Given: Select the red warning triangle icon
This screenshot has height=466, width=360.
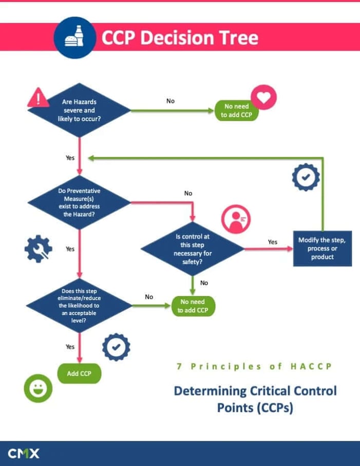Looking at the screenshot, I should tap(37, 97).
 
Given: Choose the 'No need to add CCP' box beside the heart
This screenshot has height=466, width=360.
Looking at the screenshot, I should tap(236, 110).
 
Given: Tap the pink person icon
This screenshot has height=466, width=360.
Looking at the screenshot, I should tap(235, 219).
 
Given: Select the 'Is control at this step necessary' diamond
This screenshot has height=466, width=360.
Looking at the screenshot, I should tap(193, 249).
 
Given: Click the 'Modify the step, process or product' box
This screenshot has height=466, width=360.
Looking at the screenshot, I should tap(322, 249).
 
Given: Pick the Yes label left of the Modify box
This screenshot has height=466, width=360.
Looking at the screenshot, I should tap(273, 241).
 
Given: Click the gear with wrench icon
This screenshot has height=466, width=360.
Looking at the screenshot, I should tap(38, 250).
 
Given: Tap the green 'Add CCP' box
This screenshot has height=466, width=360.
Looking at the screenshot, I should tap(79, 374).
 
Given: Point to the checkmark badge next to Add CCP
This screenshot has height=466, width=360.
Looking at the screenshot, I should tap(116, 347).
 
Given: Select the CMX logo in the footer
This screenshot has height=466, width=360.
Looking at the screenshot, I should tap(24, 453).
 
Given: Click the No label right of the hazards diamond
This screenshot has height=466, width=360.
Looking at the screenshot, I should tap(170, 101).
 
